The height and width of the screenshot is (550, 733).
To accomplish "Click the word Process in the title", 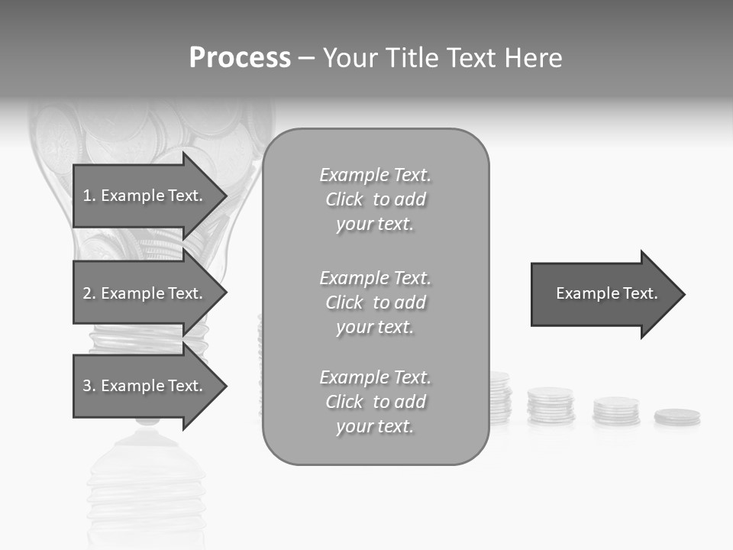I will [x=240, y=58].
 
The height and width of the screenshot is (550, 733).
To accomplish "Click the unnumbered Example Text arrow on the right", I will [x=606, y=294].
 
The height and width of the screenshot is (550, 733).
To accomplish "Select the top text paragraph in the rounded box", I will [x=375, y=199].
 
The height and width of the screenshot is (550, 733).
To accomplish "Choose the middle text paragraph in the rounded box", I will [x=375, y=302].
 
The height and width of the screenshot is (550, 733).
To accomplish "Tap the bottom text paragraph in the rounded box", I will [x=375, y=402].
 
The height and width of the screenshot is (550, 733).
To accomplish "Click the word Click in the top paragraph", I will [x=344, y=199].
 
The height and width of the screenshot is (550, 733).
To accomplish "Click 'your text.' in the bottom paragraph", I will [x=375, y=426].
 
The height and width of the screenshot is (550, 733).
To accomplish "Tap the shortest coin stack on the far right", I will [x=677, y=417].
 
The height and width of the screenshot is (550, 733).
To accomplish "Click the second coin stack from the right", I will [x=616, y=410].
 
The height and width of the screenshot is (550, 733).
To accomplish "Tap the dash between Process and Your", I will [x=306, y=58].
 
